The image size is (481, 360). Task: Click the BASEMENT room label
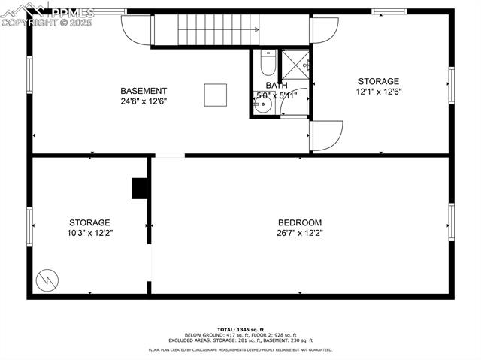[144, 91]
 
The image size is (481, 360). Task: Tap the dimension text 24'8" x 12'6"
[144, 101]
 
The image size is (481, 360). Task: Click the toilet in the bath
[267, 62]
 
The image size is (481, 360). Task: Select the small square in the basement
[216, 95]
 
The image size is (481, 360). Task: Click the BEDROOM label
[300, 222]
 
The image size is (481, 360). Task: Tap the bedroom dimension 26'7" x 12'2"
[300, 233]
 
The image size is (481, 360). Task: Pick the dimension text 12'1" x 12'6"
[379, 92]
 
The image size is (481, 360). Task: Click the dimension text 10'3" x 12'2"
[90, 233]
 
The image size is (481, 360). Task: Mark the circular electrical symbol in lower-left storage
[47, 279]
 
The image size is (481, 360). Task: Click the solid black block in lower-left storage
[140, 189]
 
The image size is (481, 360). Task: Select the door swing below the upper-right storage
[326, 135]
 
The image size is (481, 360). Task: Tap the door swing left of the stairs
[137, 29]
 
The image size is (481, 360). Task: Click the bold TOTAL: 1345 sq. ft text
[240, 329]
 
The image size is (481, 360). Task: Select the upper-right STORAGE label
[379, 82]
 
